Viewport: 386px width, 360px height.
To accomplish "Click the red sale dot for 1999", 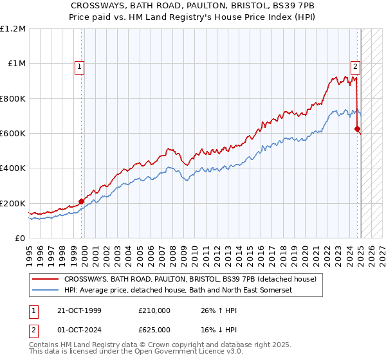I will click(82, 201).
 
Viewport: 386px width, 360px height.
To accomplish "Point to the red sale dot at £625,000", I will click(357, 129).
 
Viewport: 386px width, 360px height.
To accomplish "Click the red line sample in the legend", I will click(45, 280).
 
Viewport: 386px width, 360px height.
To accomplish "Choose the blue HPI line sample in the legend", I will click(45, 291).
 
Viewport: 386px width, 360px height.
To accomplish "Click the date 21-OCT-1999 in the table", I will click(79, 310).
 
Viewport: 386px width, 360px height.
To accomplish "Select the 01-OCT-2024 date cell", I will click(79, 331).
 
